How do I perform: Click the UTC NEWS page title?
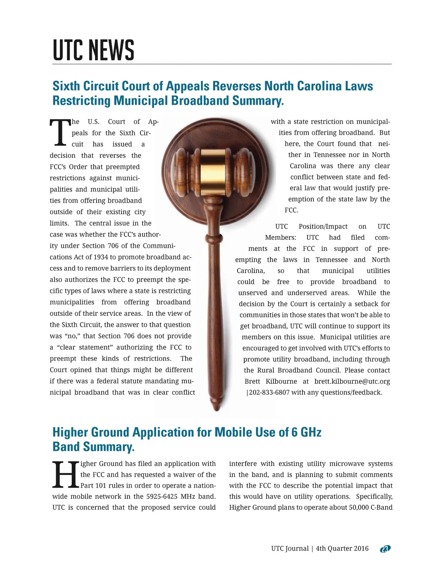coord(93,50)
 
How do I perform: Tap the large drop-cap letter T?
coord(60,132)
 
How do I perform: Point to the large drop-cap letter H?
coord(65,475)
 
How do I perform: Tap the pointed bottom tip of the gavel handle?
coord(216,407)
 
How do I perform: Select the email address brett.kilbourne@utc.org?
coord(352,381)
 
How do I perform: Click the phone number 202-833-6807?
coord(269,392)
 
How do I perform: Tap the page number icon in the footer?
coord(385,548)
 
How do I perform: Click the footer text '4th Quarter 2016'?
coord(342,548)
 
